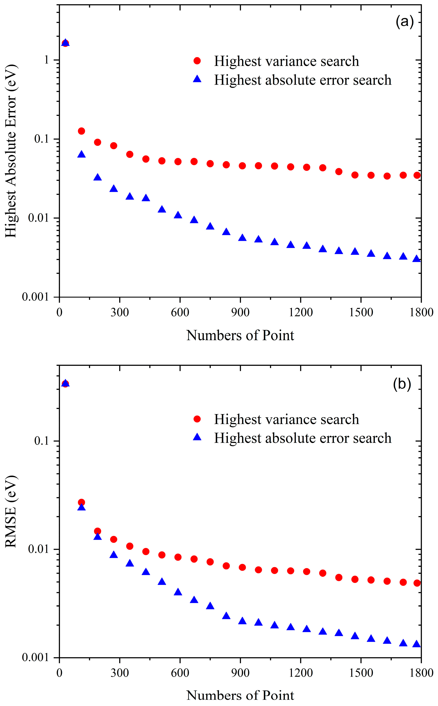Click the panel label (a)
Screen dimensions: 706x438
(404, 22)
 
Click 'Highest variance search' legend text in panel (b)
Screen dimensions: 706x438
(286, 419)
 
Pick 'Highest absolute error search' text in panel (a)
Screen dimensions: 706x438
(302, 80)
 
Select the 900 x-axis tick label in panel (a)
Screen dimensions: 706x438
(240, 312)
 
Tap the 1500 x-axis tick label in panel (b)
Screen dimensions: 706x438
(361, 672)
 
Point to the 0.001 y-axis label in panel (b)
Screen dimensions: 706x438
(35, 657)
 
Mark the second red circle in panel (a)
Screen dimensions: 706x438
(81, 131)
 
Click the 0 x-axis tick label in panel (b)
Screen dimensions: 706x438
(59, 672)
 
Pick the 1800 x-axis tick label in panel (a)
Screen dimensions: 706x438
(421, 312)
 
